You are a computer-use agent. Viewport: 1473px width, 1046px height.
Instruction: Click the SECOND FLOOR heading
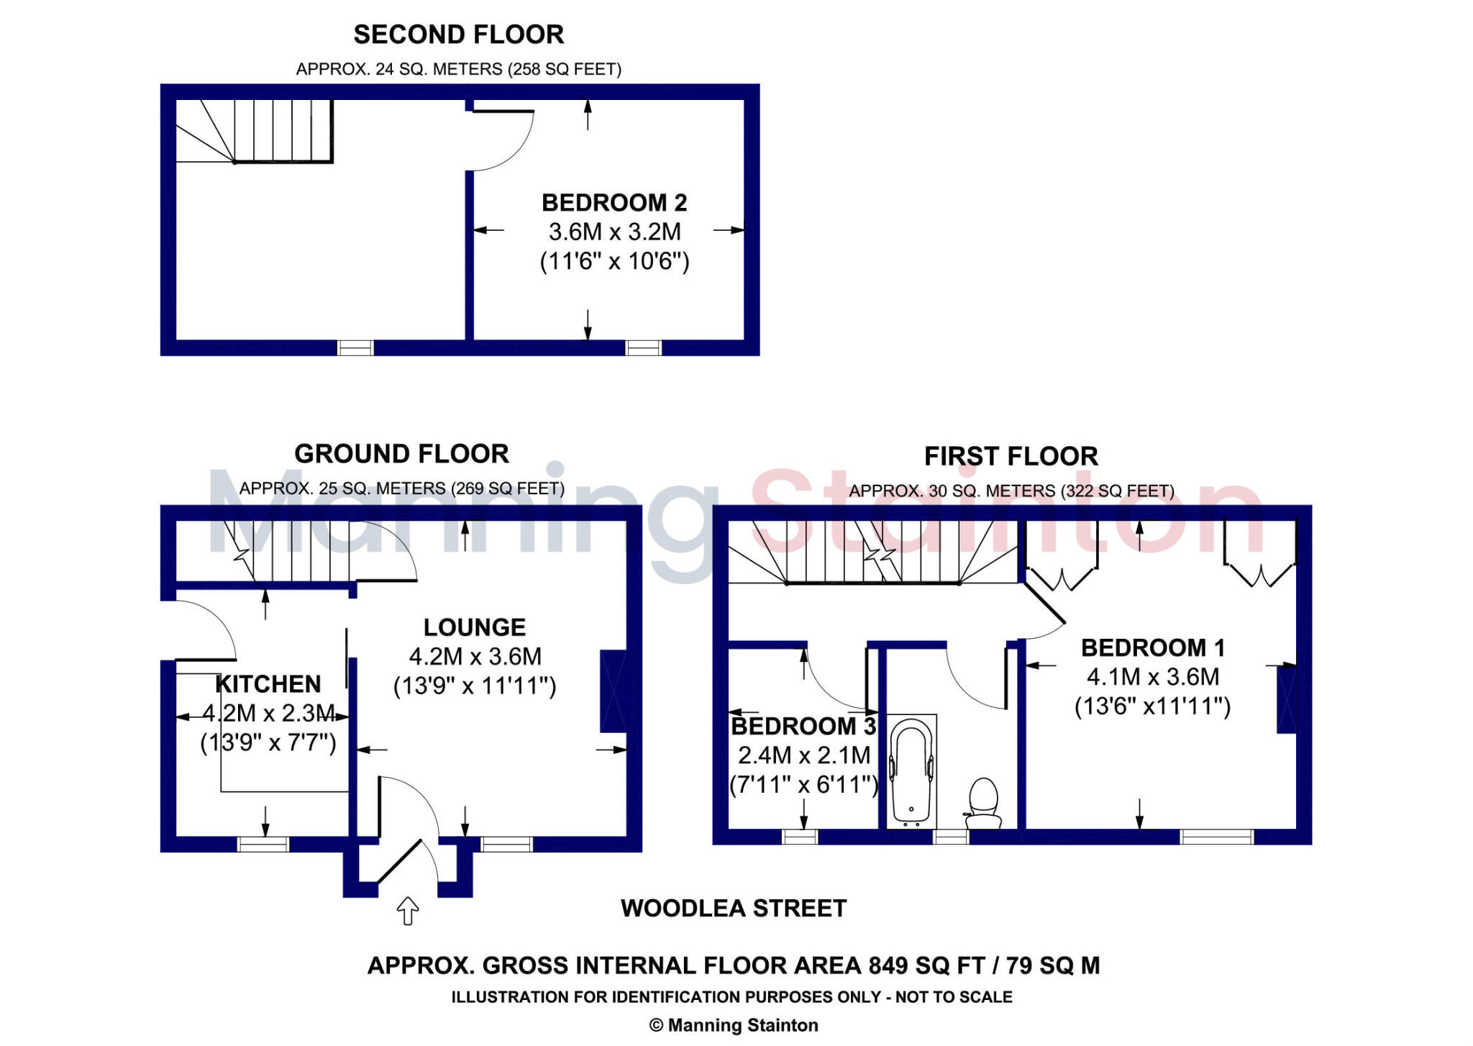458,35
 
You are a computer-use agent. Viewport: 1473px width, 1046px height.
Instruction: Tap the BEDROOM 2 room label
614,203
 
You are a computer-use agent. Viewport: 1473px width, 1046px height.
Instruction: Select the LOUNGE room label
474,627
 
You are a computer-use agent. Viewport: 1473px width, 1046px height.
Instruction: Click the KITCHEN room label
268,683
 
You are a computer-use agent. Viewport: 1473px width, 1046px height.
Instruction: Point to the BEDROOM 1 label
1152,647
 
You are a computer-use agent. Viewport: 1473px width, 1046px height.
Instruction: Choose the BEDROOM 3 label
803,727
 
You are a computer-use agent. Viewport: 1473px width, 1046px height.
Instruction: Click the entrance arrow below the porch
408,910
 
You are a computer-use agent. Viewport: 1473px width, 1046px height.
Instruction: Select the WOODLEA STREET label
734,908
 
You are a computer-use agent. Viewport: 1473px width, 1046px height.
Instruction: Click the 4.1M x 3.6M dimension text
1152,677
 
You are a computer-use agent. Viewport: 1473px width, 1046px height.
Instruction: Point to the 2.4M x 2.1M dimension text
803,755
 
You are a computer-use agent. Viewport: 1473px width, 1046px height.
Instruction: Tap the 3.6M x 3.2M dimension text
614,232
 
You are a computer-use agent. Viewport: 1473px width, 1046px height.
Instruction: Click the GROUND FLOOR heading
401,454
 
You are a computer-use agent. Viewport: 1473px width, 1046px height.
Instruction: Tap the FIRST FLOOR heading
1011,456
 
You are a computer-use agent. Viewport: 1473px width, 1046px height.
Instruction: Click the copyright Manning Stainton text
734,1025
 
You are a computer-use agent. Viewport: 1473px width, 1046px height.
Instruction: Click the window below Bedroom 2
643,348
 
